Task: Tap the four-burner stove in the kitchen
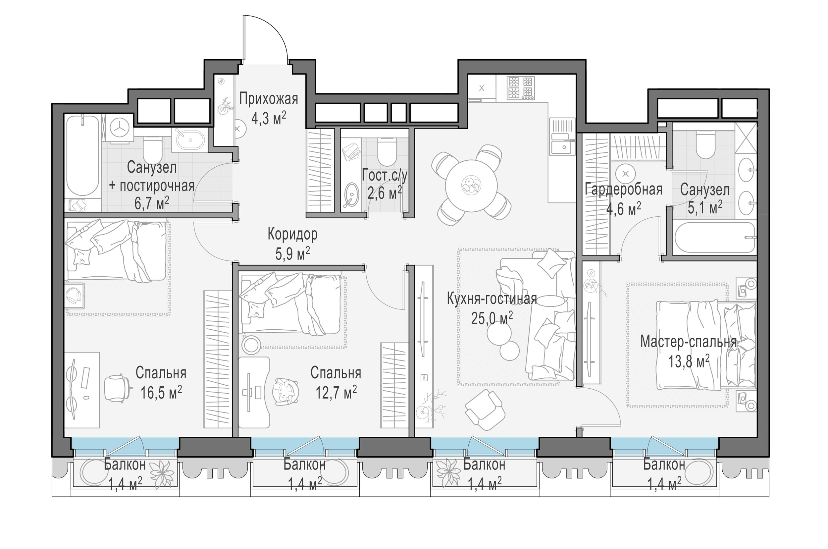coord(521,87)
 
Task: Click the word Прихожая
coord(268,99)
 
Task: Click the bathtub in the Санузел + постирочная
coord(82,156)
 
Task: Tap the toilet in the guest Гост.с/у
coord(387,152)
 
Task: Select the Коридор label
coord(292,234)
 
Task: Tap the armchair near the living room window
coord(485,409)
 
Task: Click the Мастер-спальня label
coord(688,342)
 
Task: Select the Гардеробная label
coord(624,190)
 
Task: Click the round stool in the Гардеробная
coord(626,173)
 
